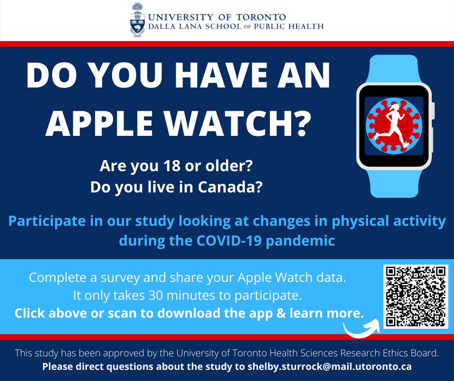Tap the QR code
click(416, 296)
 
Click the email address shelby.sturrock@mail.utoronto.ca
click(330, 366)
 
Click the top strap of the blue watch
click(393, 68)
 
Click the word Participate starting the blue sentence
click(47, 222)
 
